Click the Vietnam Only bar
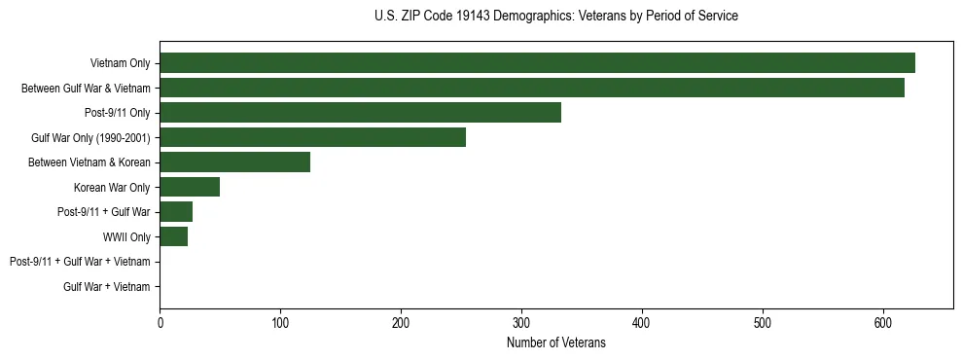point(537,63)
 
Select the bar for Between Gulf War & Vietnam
point(532,88)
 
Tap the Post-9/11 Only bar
point(360,113)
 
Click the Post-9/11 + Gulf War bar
point(176,212)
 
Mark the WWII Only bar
point(173,236)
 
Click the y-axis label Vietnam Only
point(120,63)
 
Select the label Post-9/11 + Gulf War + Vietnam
point(80,262)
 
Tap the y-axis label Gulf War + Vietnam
point(107,287)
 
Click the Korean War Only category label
point(112,187)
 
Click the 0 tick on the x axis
point(160,323)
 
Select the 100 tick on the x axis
point(280,323)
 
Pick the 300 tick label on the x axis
point(521,323)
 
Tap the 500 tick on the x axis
point(763,323)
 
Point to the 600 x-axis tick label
point(883,323)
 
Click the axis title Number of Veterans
point(555,342)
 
